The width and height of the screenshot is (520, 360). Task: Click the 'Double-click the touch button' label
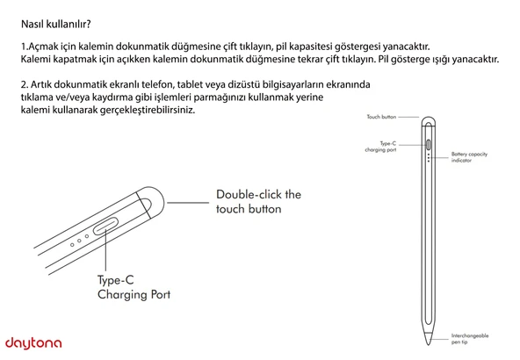[x=258, y=201]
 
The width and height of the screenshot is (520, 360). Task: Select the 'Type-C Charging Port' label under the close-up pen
[x=134, y=287]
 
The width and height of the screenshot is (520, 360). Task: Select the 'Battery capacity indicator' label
[x=469, y=156]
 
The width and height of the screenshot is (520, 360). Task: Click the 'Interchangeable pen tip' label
[x=470, y=338]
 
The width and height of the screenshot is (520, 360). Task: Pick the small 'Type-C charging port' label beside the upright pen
[x=383, y=146]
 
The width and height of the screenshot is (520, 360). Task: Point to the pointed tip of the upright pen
[x=429, y=347]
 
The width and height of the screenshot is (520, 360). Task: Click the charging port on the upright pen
[x=428, y=145]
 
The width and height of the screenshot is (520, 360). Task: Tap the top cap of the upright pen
[x=429, y=122]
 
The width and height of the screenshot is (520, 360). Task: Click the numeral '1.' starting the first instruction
[x=23, y=45]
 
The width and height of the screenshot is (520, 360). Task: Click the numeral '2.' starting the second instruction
[x=24, y=83]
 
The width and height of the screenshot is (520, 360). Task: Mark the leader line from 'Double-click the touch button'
[x=188, y=201]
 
